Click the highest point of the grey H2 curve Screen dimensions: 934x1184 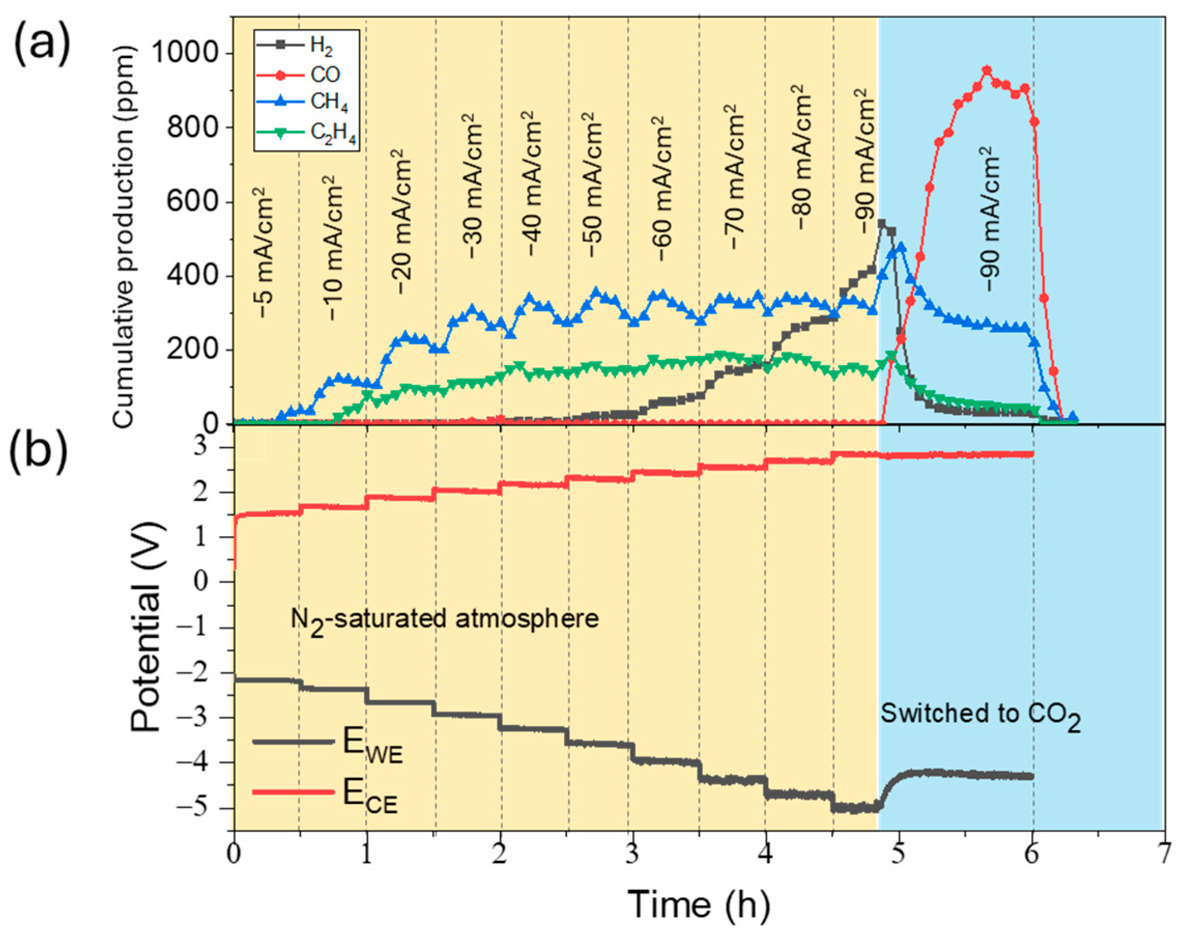[x=882, y=224]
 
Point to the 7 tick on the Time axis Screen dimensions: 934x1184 [x=1164, y=854]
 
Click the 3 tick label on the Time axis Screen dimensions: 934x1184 [x=633, y=854]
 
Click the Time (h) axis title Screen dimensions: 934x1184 [x=699, y=905]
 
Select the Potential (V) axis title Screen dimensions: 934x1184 [x=147, y=626]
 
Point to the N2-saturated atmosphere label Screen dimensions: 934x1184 [x=444, y=620]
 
